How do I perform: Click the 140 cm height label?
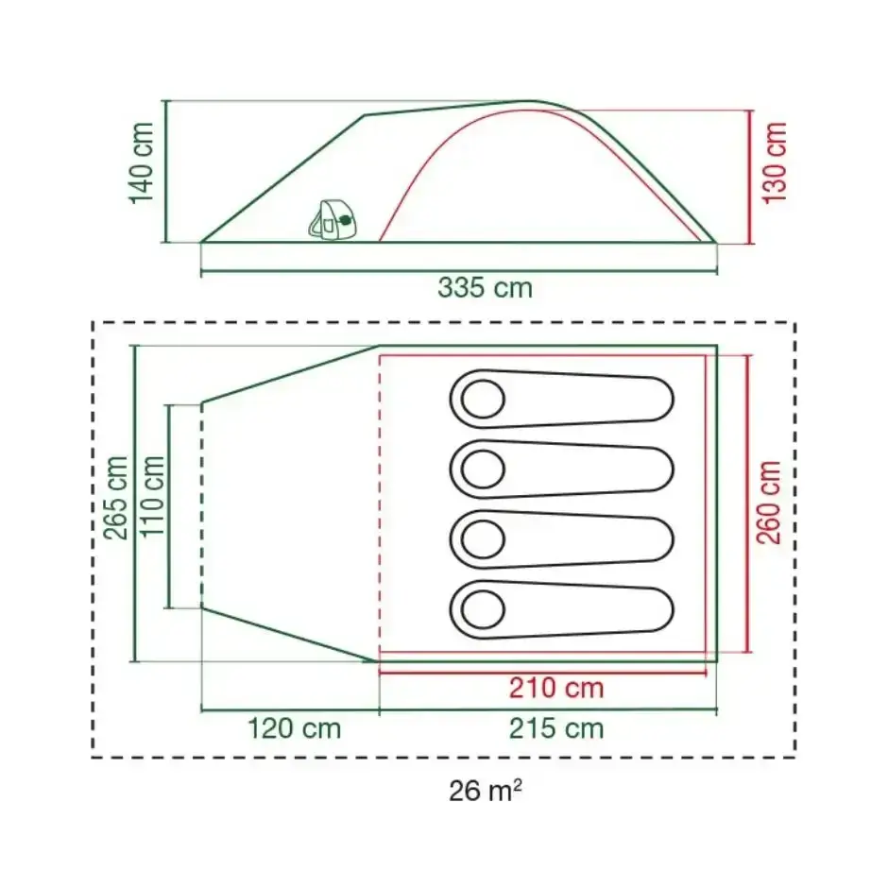[x=142, y=162]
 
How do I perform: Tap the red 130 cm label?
[x=775, y=162]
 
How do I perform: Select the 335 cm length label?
[x=485, y=288]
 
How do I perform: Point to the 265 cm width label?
[x=115, y=498]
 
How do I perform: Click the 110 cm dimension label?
[x=152, y=497]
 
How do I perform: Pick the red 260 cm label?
[x=769, y=503]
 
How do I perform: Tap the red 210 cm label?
[x=556, y=688]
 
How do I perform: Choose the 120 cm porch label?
[x=295, y=728]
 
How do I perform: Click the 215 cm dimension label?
[x=556, y=728]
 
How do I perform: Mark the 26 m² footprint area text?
[x=486, y=791]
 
